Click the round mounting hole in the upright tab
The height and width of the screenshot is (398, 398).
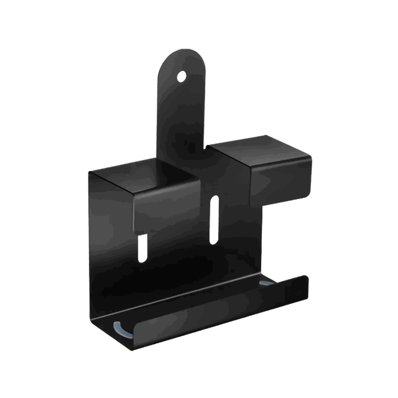(x=182, y=76)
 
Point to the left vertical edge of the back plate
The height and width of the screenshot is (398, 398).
(x=88, y=249)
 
